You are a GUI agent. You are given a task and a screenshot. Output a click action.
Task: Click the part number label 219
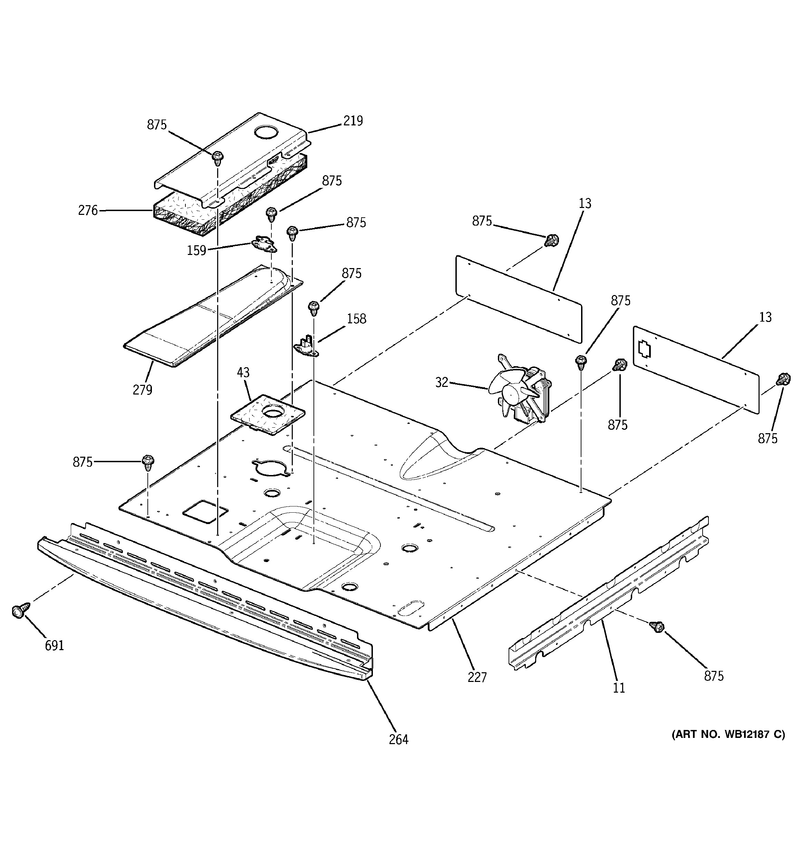pos(353,121)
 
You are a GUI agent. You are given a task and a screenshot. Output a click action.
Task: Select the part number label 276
pos(88,210)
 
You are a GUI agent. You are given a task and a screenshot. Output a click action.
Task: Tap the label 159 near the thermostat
pos(196,250)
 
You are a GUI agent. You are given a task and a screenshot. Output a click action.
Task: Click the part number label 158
pos(356,319)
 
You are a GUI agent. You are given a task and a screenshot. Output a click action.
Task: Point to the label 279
pos(142,390)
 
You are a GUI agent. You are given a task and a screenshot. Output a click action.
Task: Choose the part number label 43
pos(243,372)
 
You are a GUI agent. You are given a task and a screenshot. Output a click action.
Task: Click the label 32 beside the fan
pos(442,382)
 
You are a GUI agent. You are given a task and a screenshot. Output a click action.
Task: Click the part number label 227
pos(477,677)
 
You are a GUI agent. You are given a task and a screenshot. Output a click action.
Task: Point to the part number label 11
pos(619,688)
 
